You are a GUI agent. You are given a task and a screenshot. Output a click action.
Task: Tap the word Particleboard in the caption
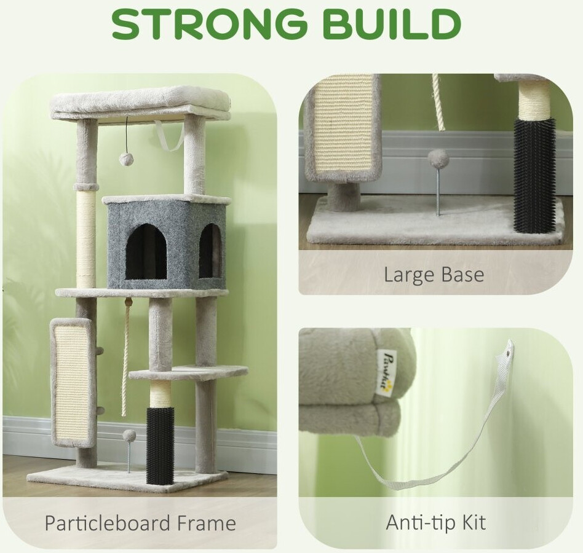coord(107,523)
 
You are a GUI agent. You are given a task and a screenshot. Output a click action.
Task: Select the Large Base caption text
coord(434,275)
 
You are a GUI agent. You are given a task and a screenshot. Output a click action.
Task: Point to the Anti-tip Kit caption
coord(436,522)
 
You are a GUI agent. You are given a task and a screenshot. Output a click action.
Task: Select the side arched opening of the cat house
coord(210,251)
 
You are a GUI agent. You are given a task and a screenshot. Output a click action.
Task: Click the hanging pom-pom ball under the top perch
coord(124,159)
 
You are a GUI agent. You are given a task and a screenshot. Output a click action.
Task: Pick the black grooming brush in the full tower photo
coord(160,445)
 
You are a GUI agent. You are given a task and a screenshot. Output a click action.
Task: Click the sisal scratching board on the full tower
coord(73,383)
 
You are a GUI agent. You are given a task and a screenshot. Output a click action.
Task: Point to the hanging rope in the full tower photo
coord(127,356)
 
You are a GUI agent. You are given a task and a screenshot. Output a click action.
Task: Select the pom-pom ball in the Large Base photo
coord(438,159)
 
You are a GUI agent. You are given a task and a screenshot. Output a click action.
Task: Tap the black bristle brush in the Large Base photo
coord(534,175)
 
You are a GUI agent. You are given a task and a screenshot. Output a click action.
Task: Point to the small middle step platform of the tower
coord(189,374)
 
